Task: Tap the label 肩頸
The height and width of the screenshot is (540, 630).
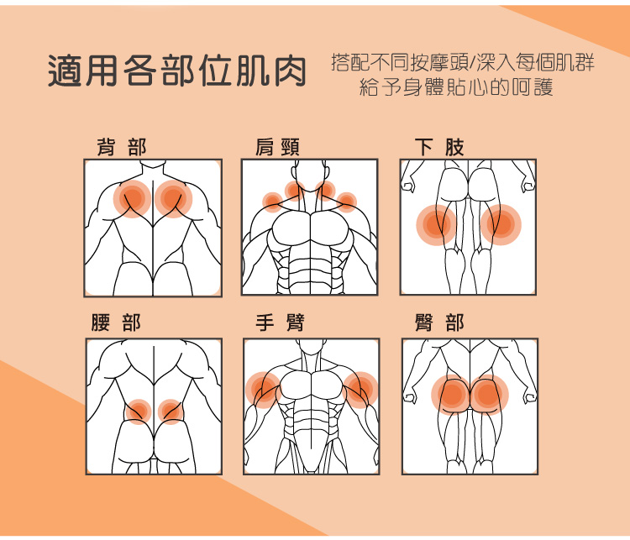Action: pos(277,148)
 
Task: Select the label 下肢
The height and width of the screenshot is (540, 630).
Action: pos(439,148)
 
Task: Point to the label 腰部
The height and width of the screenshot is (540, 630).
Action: pos(117,323)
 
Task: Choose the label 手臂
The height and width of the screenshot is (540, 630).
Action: pos(280,323)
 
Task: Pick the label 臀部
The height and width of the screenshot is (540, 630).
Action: pos(439,323)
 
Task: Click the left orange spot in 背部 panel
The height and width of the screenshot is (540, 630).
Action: pos(132,199)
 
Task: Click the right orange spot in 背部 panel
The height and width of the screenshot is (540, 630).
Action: pos(173,199)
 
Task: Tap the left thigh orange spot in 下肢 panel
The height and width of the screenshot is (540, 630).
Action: pos(435,224)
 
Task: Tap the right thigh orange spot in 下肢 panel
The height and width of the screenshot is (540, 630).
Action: pos(501,224)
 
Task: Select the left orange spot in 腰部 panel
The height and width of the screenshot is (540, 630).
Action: pos(138,412)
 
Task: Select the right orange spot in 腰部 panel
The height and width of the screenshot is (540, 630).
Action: pos(171,412)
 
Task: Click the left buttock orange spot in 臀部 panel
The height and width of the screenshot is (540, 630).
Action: pos(452,394)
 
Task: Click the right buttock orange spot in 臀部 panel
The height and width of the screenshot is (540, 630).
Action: pos(487,394)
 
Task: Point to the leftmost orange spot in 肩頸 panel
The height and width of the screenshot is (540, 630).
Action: pos(272,202)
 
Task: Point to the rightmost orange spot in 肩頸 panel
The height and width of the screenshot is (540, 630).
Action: pos(347,202)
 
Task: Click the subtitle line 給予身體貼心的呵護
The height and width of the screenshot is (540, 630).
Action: pos(456,87)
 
